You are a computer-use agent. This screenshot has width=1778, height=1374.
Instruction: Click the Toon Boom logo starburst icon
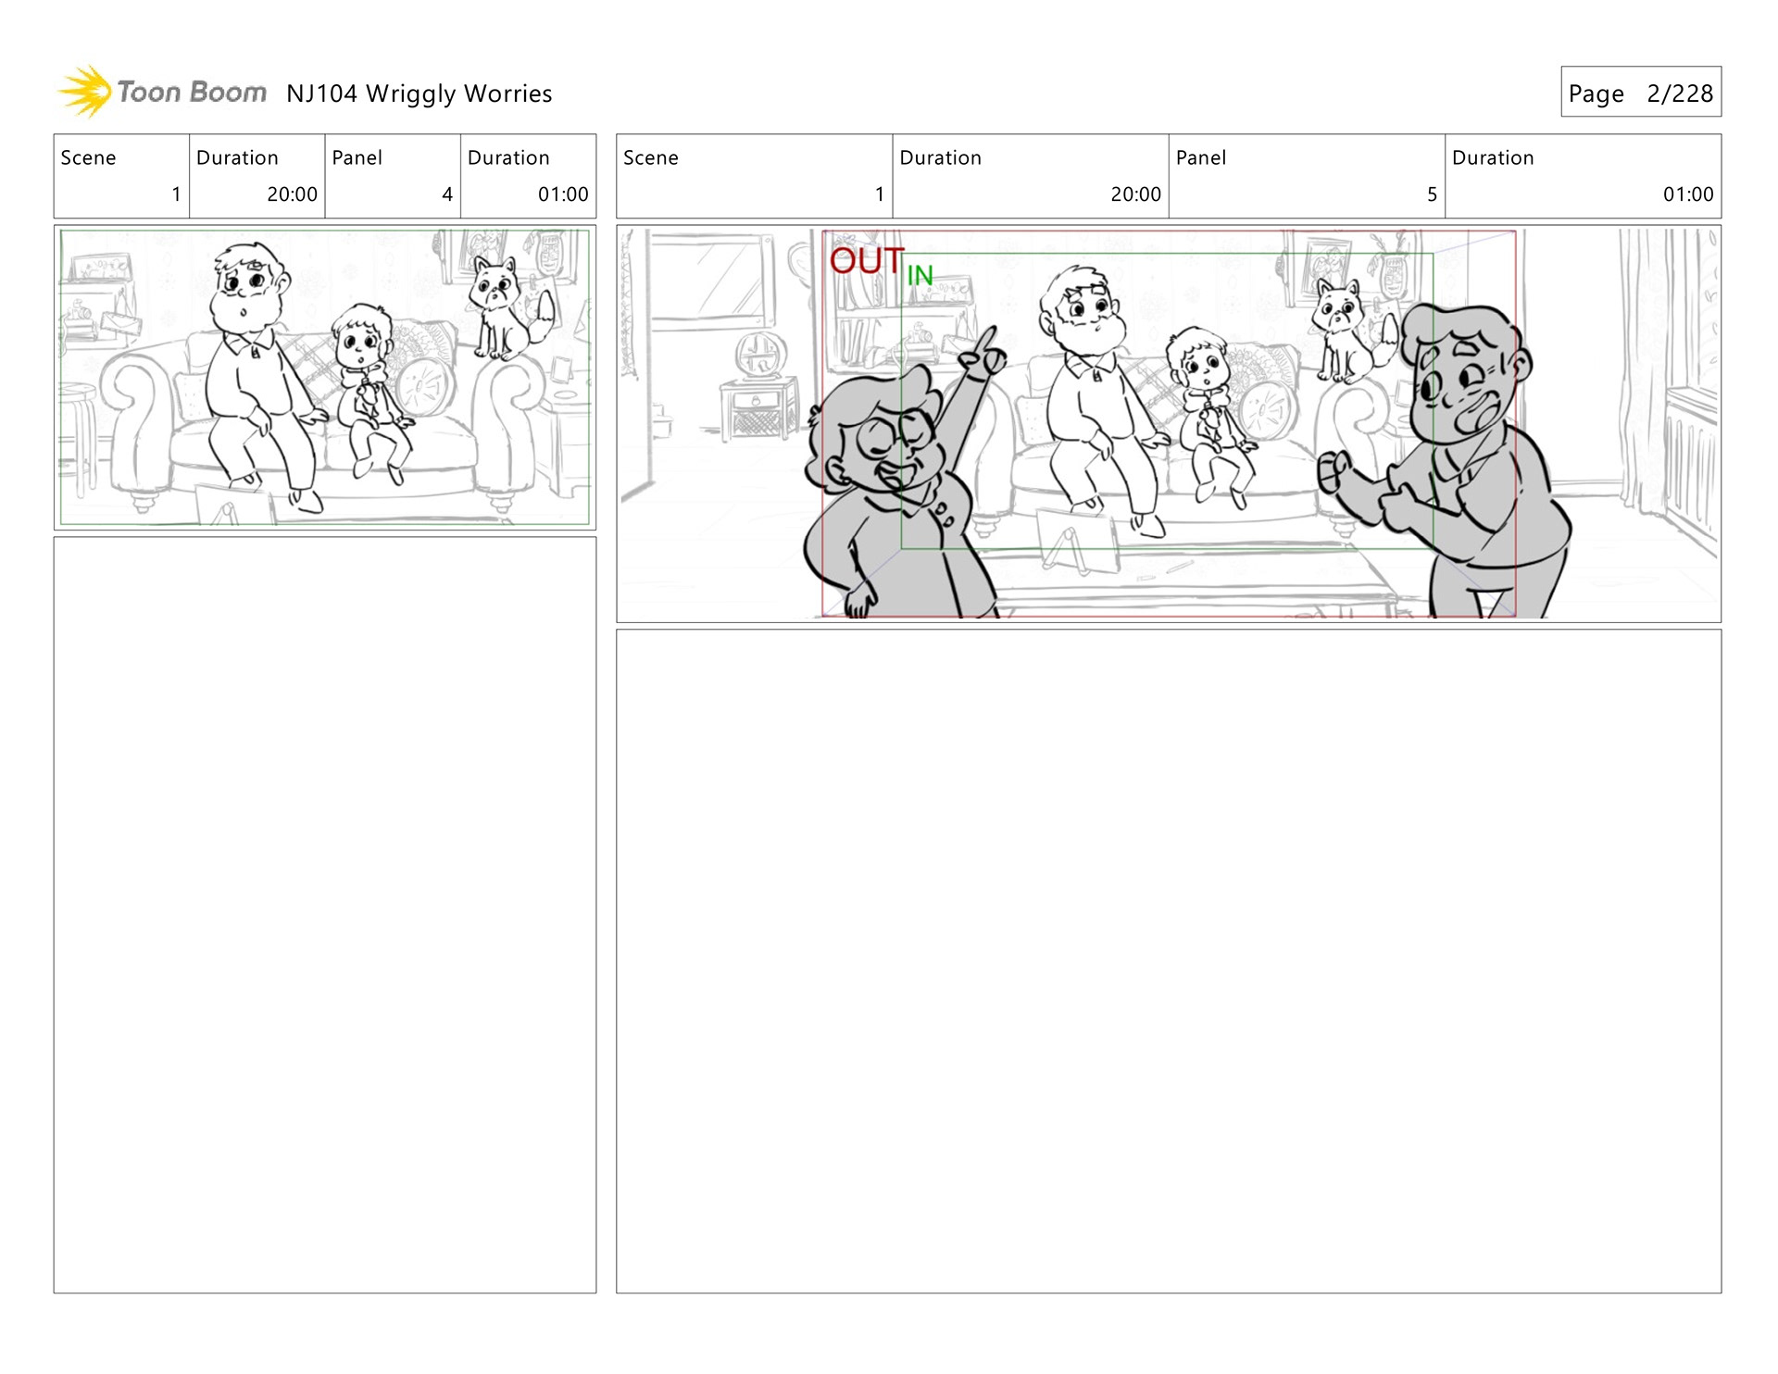coord(85,92)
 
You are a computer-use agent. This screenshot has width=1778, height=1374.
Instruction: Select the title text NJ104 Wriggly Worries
coord(419,94)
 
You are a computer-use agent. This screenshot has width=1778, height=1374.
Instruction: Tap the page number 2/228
coord(1679,94)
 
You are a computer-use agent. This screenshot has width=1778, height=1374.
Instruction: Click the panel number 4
coord(447,194)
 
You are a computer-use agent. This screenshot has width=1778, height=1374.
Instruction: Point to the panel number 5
coord(1432,194)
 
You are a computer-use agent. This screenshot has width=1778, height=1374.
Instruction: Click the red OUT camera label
coord(867,261)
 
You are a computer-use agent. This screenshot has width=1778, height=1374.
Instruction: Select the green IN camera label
coord(920,276)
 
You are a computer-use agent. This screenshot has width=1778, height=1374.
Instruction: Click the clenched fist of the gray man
coord(1333,471)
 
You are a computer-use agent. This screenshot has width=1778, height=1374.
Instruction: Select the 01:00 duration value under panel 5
coord(1687,194)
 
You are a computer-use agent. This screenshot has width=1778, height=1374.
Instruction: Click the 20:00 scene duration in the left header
coord(292,194)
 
